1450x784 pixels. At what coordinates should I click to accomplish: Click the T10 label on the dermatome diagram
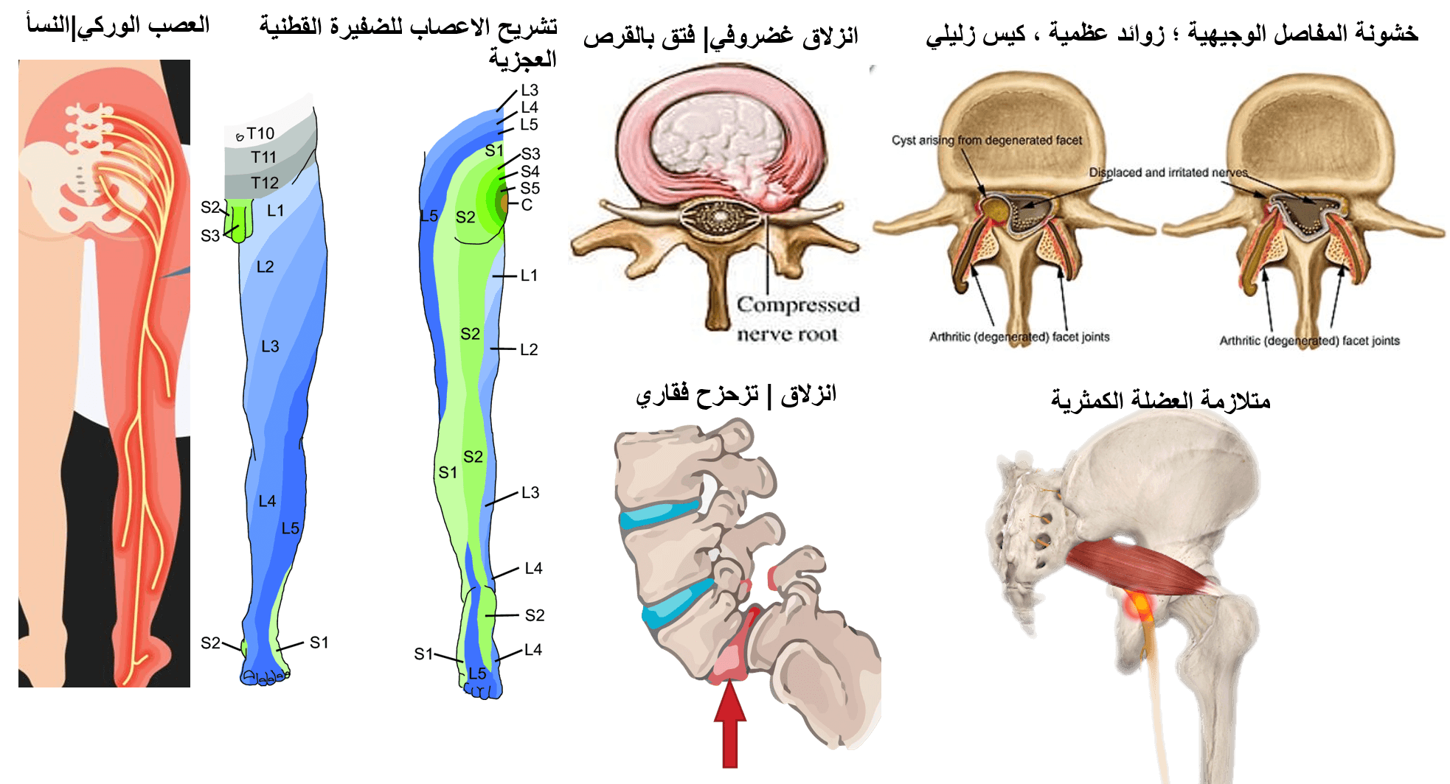coord(260,133)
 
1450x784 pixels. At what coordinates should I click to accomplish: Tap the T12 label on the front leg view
coord(264,183)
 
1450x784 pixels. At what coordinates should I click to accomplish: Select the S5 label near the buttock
coord(530,188)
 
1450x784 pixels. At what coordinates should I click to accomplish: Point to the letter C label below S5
coord(527,205)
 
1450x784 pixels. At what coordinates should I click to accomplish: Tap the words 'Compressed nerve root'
coord(797,319)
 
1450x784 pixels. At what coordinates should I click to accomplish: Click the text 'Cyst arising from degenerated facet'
coord(986,140)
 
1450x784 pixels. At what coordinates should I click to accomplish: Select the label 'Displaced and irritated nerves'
coord(1168,172)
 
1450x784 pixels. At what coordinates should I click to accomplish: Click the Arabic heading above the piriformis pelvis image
coord(1160,399)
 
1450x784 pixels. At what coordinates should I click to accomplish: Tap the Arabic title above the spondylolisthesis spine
coord(735,395)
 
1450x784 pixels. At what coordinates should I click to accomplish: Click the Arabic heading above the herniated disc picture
coord(721,37)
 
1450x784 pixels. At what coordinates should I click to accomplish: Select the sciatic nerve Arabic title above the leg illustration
coord(118,26)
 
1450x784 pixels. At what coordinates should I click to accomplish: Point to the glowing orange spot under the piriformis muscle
coord(1140,606)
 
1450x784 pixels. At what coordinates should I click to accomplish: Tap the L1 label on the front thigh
coord(275,211)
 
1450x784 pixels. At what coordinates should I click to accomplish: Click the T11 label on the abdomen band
coord(263,157)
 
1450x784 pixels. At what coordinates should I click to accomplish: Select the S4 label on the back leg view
coord(530,171)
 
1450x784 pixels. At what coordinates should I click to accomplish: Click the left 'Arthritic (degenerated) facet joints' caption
coord(1019,337)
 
